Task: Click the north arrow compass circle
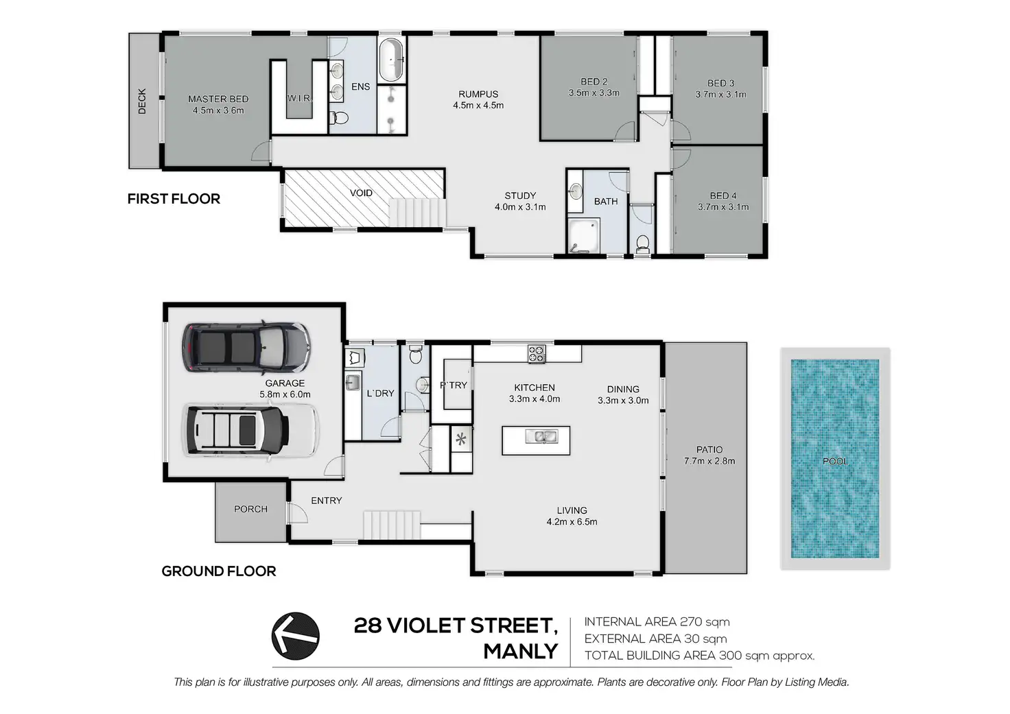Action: tap(295, 636)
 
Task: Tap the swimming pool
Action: tap(835, 458)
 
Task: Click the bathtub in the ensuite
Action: tap(391, 60)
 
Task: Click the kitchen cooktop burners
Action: tap(537, 353)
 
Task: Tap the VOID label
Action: tap(361, 193)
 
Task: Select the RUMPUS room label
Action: tap(478, 94)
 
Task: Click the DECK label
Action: tap(142, 101)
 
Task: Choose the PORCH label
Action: tap(250, 509)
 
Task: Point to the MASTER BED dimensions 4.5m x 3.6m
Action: tap(218, 110)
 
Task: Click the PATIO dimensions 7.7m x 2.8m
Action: tap(709, 461)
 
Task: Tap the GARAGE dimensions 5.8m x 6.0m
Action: tap(285, 394)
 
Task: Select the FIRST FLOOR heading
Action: tap(174, 199)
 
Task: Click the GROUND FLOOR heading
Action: tap(219, 571)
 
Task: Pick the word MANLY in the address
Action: tap(521, 652)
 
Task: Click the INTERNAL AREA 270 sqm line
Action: tap(657, 622)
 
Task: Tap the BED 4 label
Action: tap(723, 195)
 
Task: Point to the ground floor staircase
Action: tap(392, 525)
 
